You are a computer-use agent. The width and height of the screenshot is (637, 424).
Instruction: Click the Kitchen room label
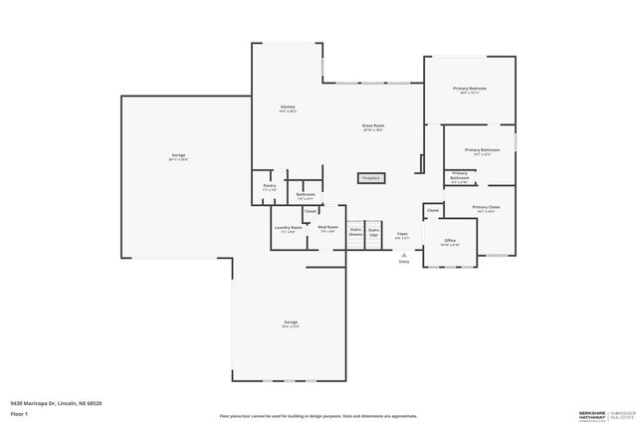click(287, 107)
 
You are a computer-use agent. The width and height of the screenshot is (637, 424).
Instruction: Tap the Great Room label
click(373, 126)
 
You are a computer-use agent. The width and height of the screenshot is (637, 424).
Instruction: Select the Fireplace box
click(371, 178)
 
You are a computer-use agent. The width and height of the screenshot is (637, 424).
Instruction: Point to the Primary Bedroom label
click(470, 90)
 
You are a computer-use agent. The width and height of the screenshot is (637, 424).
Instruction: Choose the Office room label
click(450, 241)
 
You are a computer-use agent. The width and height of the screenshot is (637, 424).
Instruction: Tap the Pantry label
click(269, 186)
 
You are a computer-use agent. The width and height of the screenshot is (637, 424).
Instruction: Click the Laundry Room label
click(289, 228)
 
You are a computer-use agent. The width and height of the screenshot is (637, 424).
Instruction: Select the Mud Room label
click(327, 228)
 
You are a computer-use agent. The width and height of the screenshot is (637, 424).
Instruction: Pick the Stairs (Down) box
click(355, 231)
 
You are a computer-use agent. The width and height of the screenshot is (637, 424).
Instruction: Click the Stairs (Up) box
click(374, 231)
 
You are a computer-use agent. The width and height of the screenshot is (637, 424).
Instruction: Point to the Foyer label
click(402, 235)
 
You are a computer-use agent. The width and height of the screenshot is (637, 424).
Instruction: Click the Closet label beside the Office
click(433, 210)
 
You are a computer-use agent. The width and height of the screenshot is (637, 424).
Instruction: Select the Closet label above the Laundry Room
click(310, 211)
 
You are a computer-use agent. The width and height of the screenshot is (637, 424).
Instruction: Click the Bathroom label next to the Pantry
click(306, 195)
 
